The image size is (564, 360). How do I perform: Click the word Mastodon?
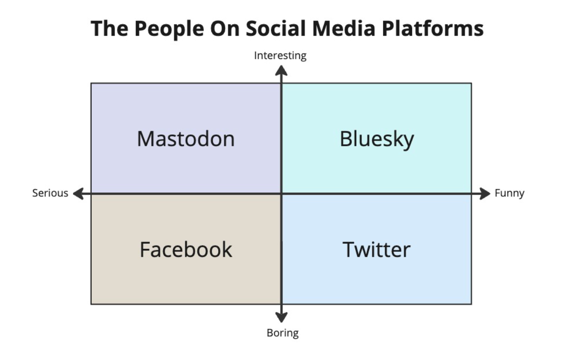point(186,139)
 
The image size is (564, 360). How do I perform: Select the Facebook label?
point(186,250)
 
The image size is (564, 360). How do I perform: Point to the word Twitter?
point(376,250)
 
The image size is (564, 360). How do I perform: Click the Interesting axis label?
point(280,56)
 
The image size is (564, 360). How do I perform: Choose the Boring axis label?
point(283,333)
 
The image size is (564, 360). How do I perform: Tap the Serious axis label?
point(50,193)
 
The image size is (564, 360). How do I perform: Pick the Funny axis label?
point(509,193)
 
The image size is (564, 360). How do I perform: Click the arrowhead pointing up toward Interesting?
point(281,70)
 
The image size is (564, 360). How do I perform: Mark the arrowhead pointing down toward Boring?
point(281,317)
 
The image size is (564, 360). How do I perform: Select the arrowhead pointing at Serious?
point(79,193)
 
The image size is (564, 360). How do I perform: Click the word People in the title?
point(169,29)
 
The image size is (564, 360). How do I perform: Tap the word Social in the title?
point(276,28)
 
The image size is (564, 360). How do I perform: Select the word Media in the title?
point(344,28)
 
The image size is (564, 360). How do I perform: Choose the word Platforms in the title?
point(432,28)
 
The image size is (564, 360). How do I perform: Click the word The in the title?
point(109,28)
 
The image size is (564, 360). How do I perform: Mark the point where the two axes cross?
point(281,193)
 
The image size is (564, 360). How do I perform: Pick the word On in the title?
point(225,28)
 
